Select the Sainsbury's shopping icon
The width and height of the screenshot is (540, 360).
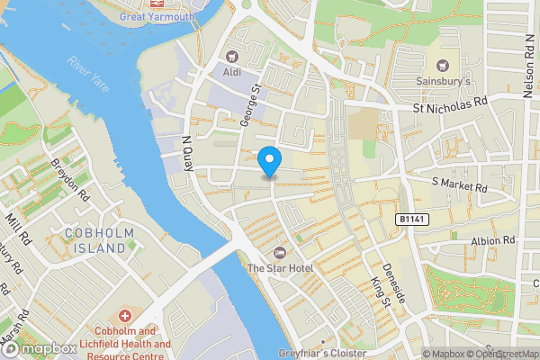pos(443,65)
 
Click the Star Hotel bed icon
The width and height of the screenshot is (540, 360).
pos(279,251)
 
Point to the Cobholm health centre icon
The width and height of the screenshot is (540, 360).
pos(125,317)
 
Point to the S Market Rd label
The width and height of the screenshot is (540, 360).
pos(459,184)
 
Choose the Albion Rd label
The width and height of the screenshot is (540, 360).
pos(492,241)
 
